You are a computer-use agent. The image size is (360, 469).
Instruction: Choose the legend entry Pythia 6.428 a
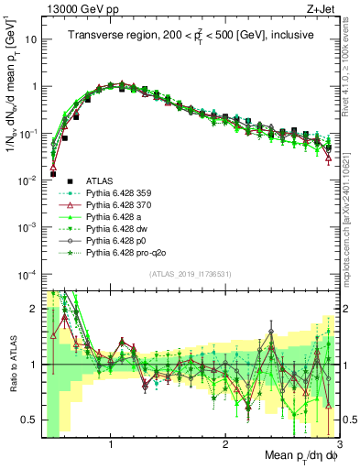point(117,217)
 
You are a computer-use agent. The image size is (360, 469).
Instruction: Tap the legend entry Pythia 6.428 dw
point(119,229)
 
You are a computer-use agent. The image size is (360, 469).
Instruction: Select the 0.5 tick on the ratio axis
point(31,420)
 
